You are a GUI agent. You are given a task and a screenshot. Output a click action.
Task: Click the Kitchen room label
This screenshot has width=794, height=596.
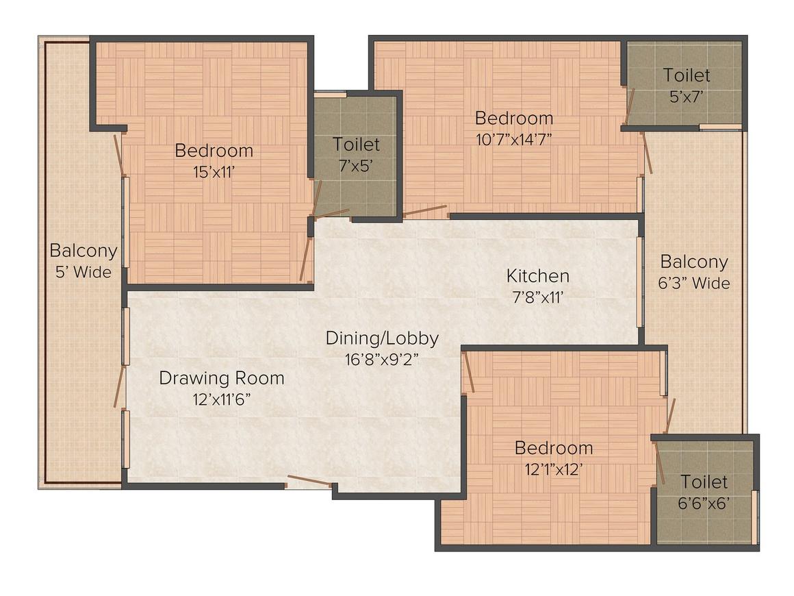pos(537,275)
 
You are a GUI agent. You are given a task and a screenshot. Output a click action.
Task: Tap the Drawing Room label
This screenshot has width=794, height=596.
pos(221,377)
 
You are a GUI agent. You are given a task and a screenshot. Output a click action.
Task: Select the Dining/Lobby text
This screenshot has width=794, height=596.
pos(381,338)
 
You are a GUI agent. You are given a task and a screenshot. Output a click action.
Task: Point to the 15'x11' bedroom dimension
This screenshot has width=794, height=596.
pos(214,171)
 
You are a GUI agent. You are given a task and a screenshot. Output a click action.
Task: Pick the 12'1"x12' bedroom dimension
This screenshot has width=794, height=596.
pos(554,469)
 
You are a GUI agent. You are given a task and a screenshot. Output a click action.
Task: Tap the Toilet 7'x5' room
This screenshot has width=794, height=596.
pos(356,154)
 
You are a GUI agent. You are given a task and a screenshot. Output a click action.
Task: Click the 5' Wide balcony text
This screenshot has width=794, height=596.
pos(83,272)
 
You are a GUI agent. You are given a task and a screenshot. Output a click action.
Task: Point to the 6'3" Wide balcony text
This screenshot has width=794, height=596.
pos(693,283)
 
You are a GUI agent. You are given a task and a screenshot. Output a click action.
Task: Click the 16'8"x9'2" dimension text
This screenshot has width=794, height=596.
pos(381,359)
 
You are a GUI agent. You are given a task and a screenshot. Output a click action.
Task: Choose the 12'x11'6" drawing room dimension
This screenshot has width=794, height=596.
pos(221,399)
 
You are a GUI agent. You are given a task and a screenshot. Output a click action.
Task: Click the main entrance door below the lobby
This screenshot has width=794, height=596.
pos(309,480)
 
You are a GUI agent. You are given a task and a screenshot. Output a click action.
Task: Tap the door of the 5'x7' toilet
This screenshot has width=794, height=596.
pos(630,106)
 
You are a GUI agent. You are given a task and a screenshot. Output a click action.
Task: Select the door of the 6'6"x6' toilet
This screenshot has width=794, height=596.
pos(660,463)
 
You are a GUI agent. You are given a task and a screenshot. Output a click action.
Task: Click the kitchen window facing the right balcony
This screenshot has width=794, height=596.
pos(640,282)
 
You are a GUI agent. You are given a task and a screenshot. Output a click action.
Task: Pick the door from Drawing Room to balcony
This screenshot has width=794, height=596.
pos(119,387)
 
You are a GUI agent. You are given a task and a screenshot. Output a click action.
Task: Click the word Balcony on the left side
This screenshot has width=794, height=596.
pos(83,251)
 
